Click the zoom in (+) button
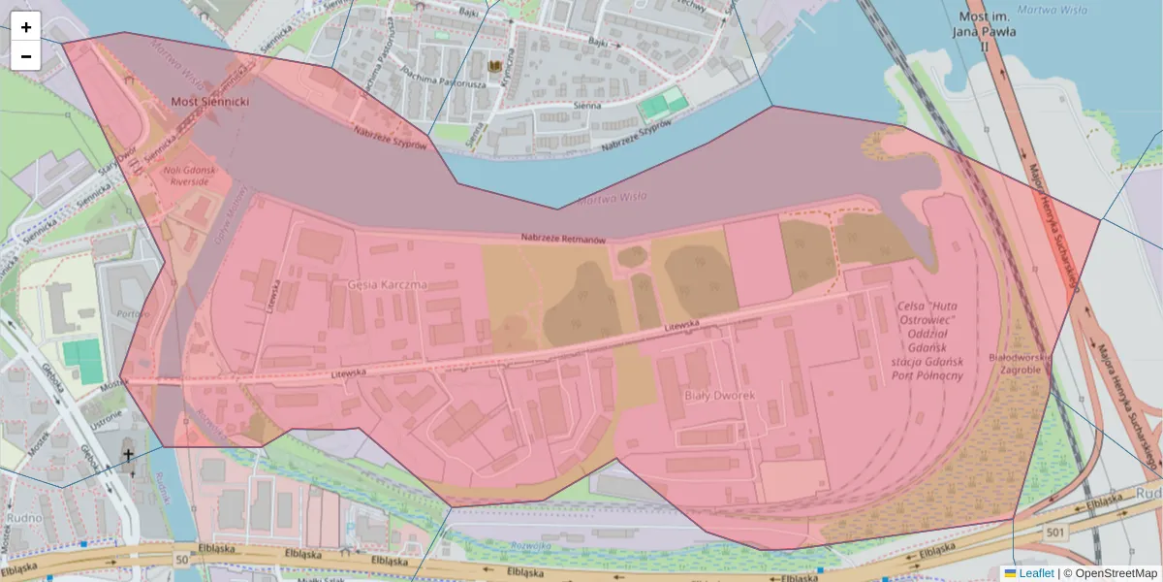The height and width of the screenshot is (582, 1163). [x=26, y=27]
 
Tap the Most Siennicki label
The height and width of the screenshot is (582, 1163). [x=210, y=101]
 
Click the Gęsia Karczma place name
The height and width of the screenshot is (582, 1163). [x=386, y=285]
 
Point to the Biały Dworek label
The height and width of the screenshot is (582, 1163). [x=719, y=395]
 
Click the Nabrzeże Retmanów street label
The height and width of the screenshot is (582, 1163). [x=563, y=239]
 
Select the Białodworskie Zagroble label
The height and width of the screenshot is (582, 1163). [x=1015, y=364]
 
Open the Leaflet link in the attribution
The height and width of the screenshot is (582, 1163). [x=1035, y=573]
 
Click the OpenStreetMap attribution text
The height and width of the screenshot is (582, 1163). [x=1115, y=573]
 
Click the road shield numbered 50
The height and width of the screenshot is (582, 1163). [x=182, y=560]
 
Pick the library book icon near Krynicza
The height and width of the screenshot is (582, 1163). [x=497, y=66]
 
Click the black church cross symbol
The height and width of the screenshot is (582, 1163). [x=129, y=454]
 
